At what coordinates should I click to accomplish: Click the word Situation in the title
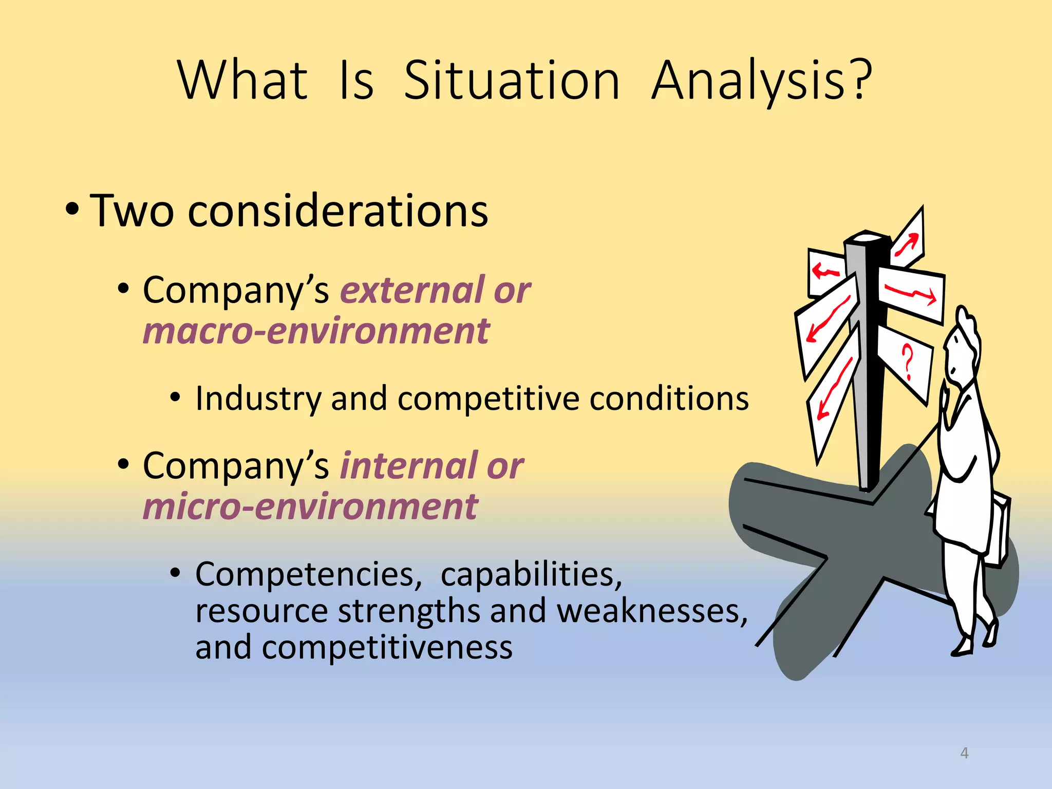[x=512, y=81]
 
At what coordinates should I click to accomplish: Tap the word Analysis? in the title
[x=762, y=81]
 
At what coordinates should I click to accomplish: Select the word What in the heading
[x=242, y=81]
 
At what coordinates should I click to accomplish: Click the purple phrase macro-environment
[x=316, y=331]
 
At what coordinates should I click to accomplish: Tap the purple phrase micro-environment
[x=310, y=506]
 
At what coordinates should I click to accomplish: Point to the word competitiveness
[x=387, y=647]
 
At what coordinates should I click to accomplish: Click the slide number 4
[x=964, y=753]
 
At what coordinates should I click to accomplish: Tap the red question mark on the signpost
[x=908, y=362]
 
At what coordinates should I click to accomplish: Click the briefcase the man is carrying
[x=1000, y=529]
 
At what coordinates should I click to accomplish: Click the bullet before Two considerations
[x=72, y=210]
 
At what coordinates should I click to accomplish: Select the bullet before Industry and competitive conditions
[x=176, y=397]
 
